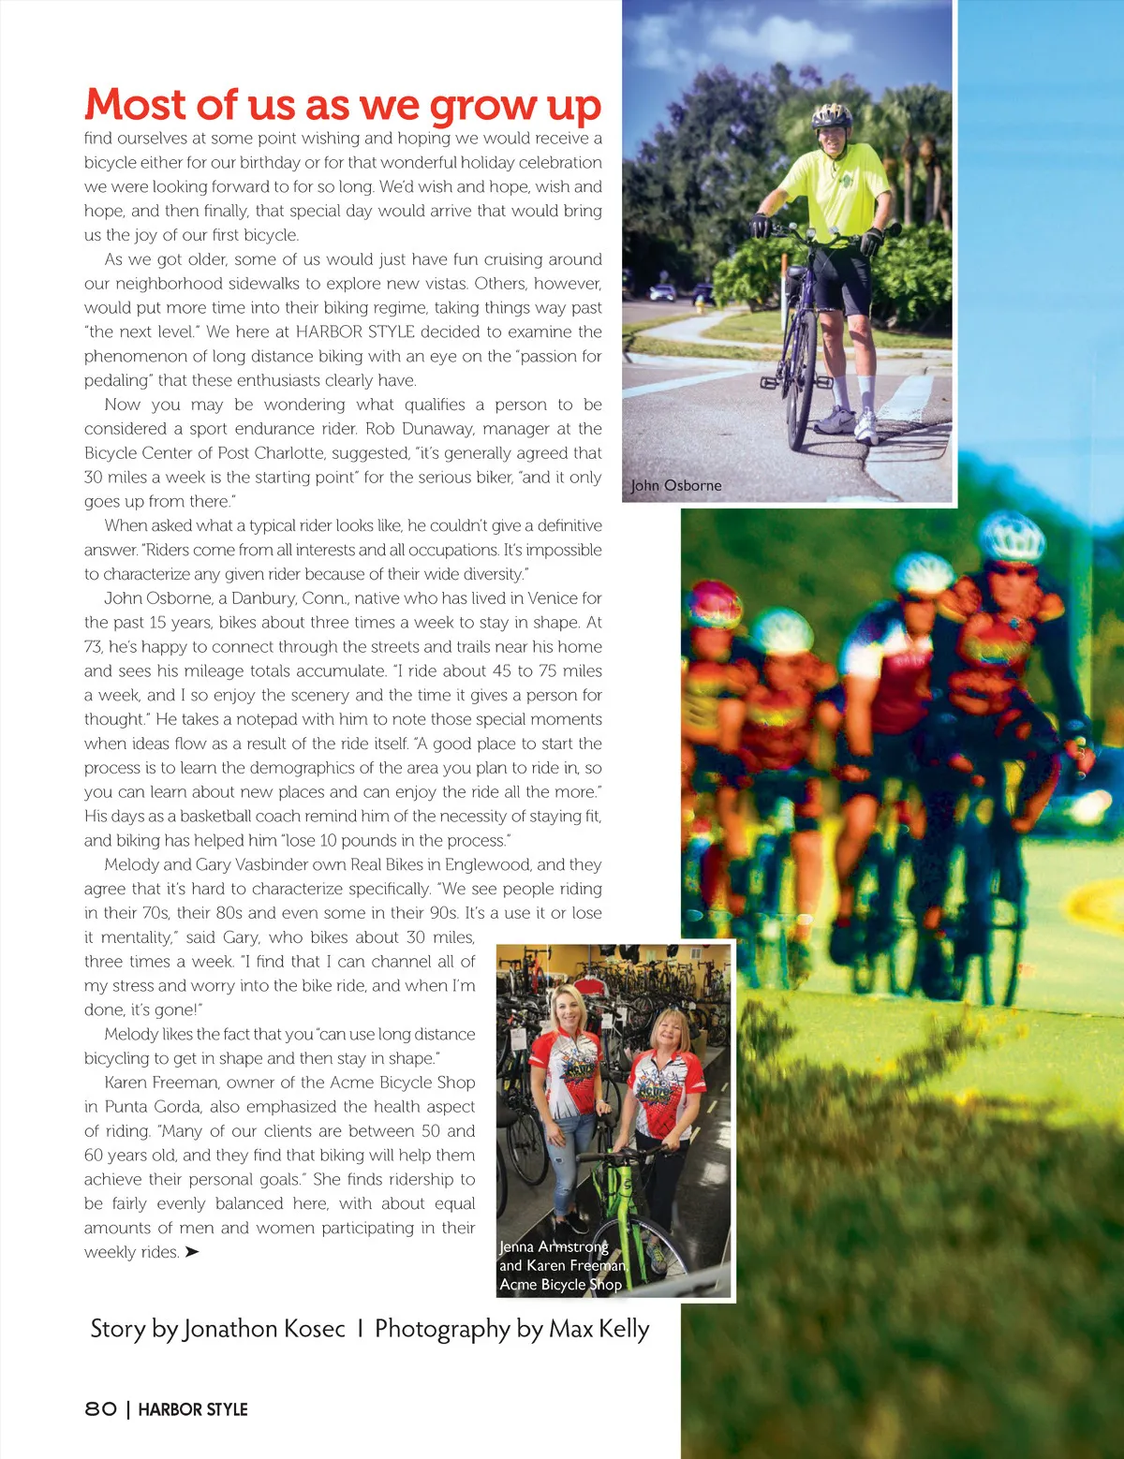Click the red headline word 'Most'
tap(136, 105)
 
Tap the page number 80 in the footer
tap(101, 1409)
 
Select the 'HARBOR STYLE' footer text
tap(193, 1409)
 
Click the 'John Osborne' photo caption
tap(676, 485)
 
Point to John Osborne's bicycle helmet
tap(831, 116)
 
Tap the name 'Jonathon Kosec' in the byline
tap(264, 1329)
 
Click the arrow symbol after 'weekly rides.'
tap(192, 1252)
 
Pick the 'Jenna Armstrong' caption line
tap(554, 1246)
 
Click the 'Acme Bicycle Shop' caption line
tap(560, 1284)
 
